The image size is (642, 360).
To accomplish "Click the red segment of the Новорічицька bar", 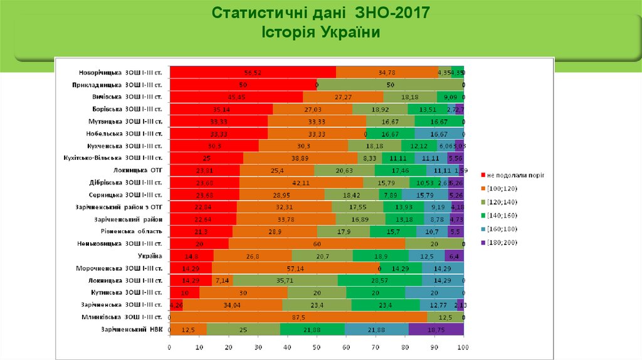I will [x=253, y=72].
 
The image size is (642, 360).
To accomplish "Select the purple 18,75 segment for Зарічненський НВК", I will [x=436, y=329].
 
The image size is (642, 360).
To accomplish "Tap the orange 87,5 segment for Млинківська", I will [x=298, y=317].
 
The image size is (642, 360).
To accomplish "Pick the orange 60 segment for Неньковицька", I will [x=317, y=243].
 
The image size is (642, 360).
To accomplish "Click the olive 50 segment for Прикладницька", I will [x=390, y=85].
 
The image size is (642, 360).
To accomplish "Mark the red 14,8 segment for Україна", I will [x=191, y=256].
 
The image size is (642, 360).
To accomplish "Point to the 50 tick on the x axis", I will [x=317, y=347].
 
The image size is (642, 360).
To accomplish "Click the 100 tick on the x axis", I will [x=463, y=347].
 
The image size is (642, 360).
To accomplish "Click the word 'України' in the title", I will [x=352, y=31].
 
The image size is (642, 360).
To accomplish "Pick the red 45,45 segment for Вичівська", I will [x=236, y=97].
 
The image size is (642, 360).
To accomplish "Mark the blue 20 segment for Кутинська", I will [x=434, y=292].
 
